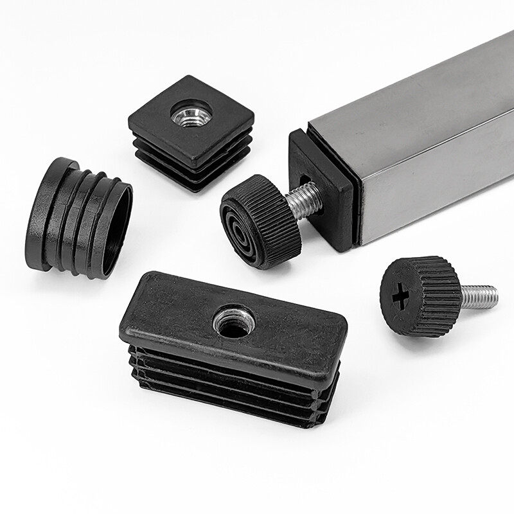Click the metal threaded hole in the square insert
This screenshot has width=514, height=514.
[191, 116]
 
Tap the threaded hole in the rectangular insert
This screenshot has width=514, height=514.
[233, 322]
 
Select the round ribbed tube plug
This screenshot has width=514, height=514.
[77, 218]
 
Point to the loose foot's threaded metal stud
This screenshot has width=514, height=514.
[478, 296]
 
